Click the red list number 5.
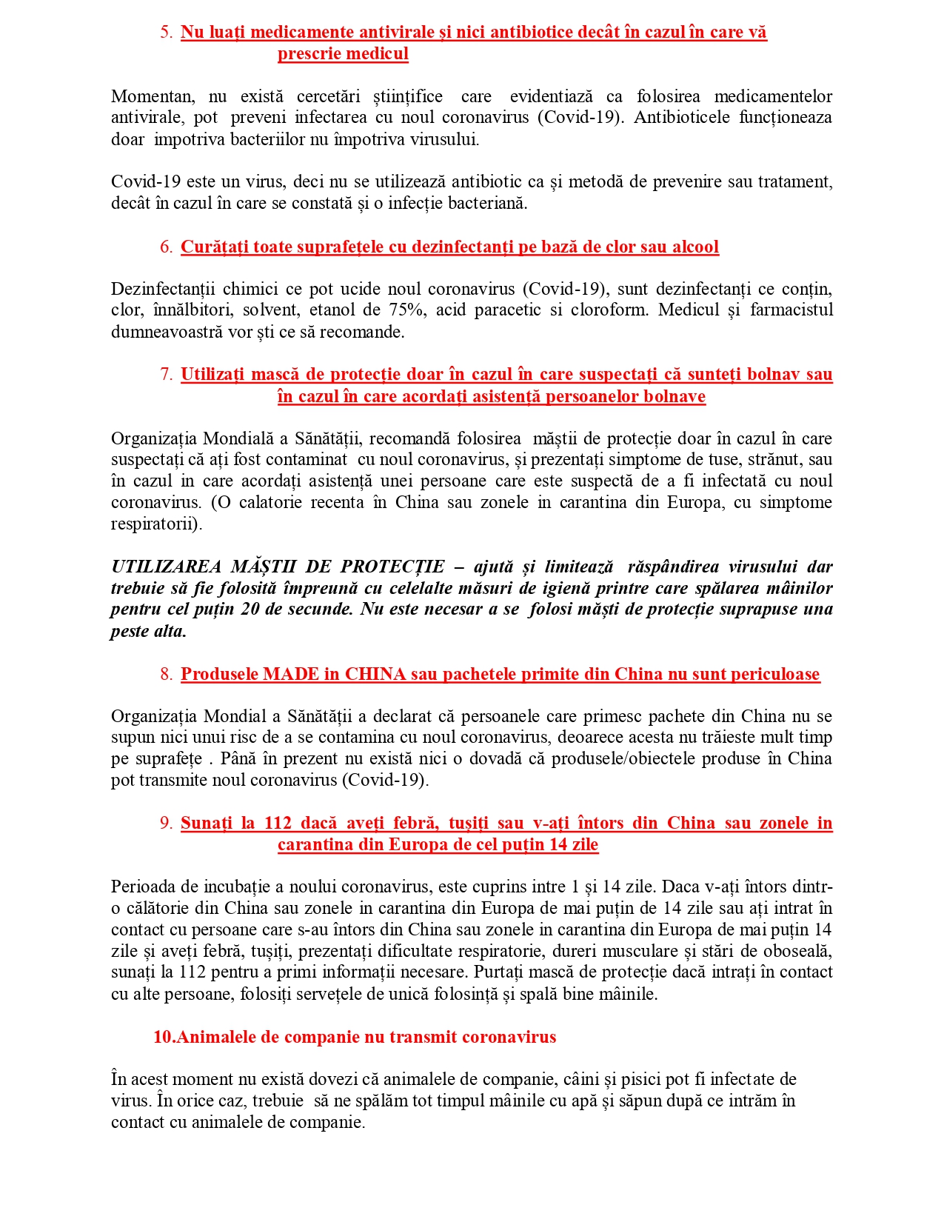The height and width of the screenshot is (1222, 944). (x=165, y=33)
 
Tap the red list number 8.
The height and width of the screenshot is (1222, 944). (x=165, y=675)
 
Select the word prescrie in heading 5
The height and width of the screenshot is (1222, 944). (x=307, y=54)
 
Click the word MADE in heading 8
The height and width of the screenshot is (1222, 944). (x=291, y=675)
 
